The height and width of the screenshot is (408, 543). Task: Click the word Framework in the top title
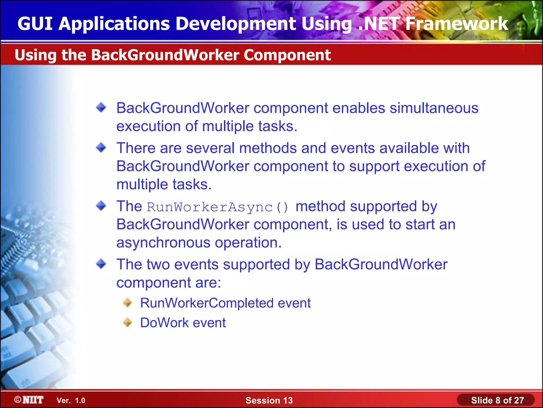pos(457,24)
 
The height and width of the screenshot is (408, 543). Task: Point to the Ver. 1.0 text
pos(71,400)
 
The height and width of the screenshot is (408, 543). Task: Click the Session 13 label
pos(269,400)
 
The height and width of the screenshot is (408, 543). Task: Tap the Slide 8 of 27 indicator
pos(497,400)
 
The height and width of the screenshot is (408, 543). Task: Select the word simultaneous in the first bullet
pos(434,108)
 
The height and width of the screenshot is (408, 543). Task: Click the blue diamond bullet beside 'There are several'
pos(101,147)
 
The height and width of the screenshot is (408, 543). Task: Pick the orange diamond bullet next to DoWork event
pos(128,322)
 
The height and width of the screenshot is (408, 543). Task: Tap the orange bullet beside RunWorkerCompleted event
pos(128,303)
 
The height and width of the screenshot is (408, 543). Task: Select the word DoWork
pos(164,323)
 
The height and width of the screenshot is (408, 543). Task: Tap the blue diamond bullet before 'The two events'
pos(101,264)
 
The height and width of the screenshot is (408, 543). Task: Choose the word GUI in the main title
pos(35,24)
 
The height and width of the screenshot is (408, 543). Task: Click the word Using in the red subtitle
pos(35,55)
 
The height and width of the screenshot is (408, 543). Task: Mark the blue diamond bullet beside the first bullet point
pos(101,108)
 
